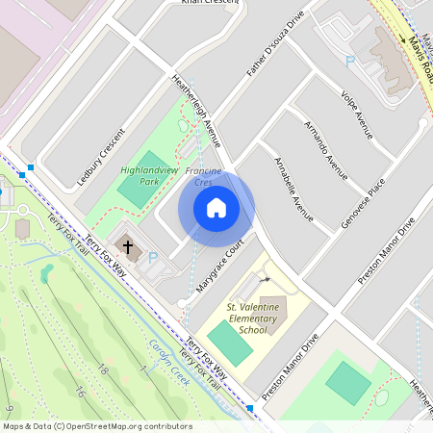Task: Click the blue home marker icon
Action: pos(216,208)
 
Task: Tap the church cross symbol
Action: pos(128,247)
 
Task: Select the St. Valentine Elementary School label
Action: pos(252,318)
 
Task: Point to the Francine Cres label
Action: pos(204,176)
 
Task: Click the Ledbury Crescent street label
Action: pos(101,157)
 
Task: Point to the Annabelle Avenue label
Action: pos(293,189)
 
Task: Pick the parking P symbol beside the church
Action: pos(152,257)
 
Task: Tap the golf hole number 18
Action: pos(105,372)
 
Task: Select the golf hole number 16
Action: pos(80,393)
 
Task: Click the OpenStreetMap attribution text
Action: pos(97,426)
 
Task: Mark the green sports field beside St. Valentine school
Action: pos(229,343)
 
